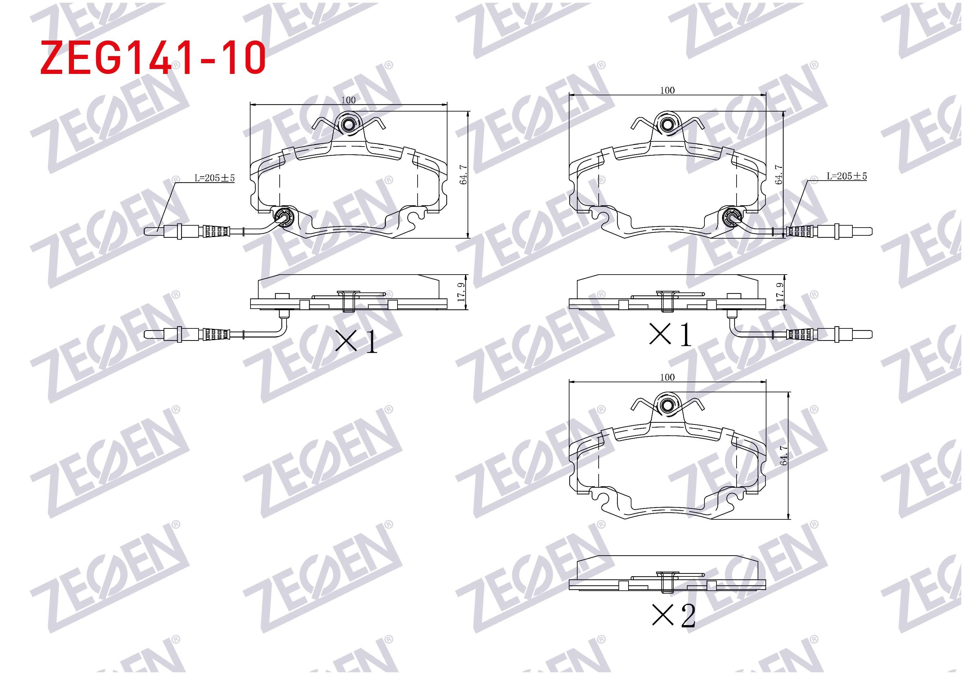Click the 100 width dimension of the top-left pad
(348, 100)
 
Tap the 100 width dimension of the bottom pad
(667, 377)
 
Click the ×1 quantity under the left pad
(356, 341)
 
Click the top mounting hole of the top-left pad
(348, 124)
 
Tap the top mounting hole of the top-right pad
(666, 124)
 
